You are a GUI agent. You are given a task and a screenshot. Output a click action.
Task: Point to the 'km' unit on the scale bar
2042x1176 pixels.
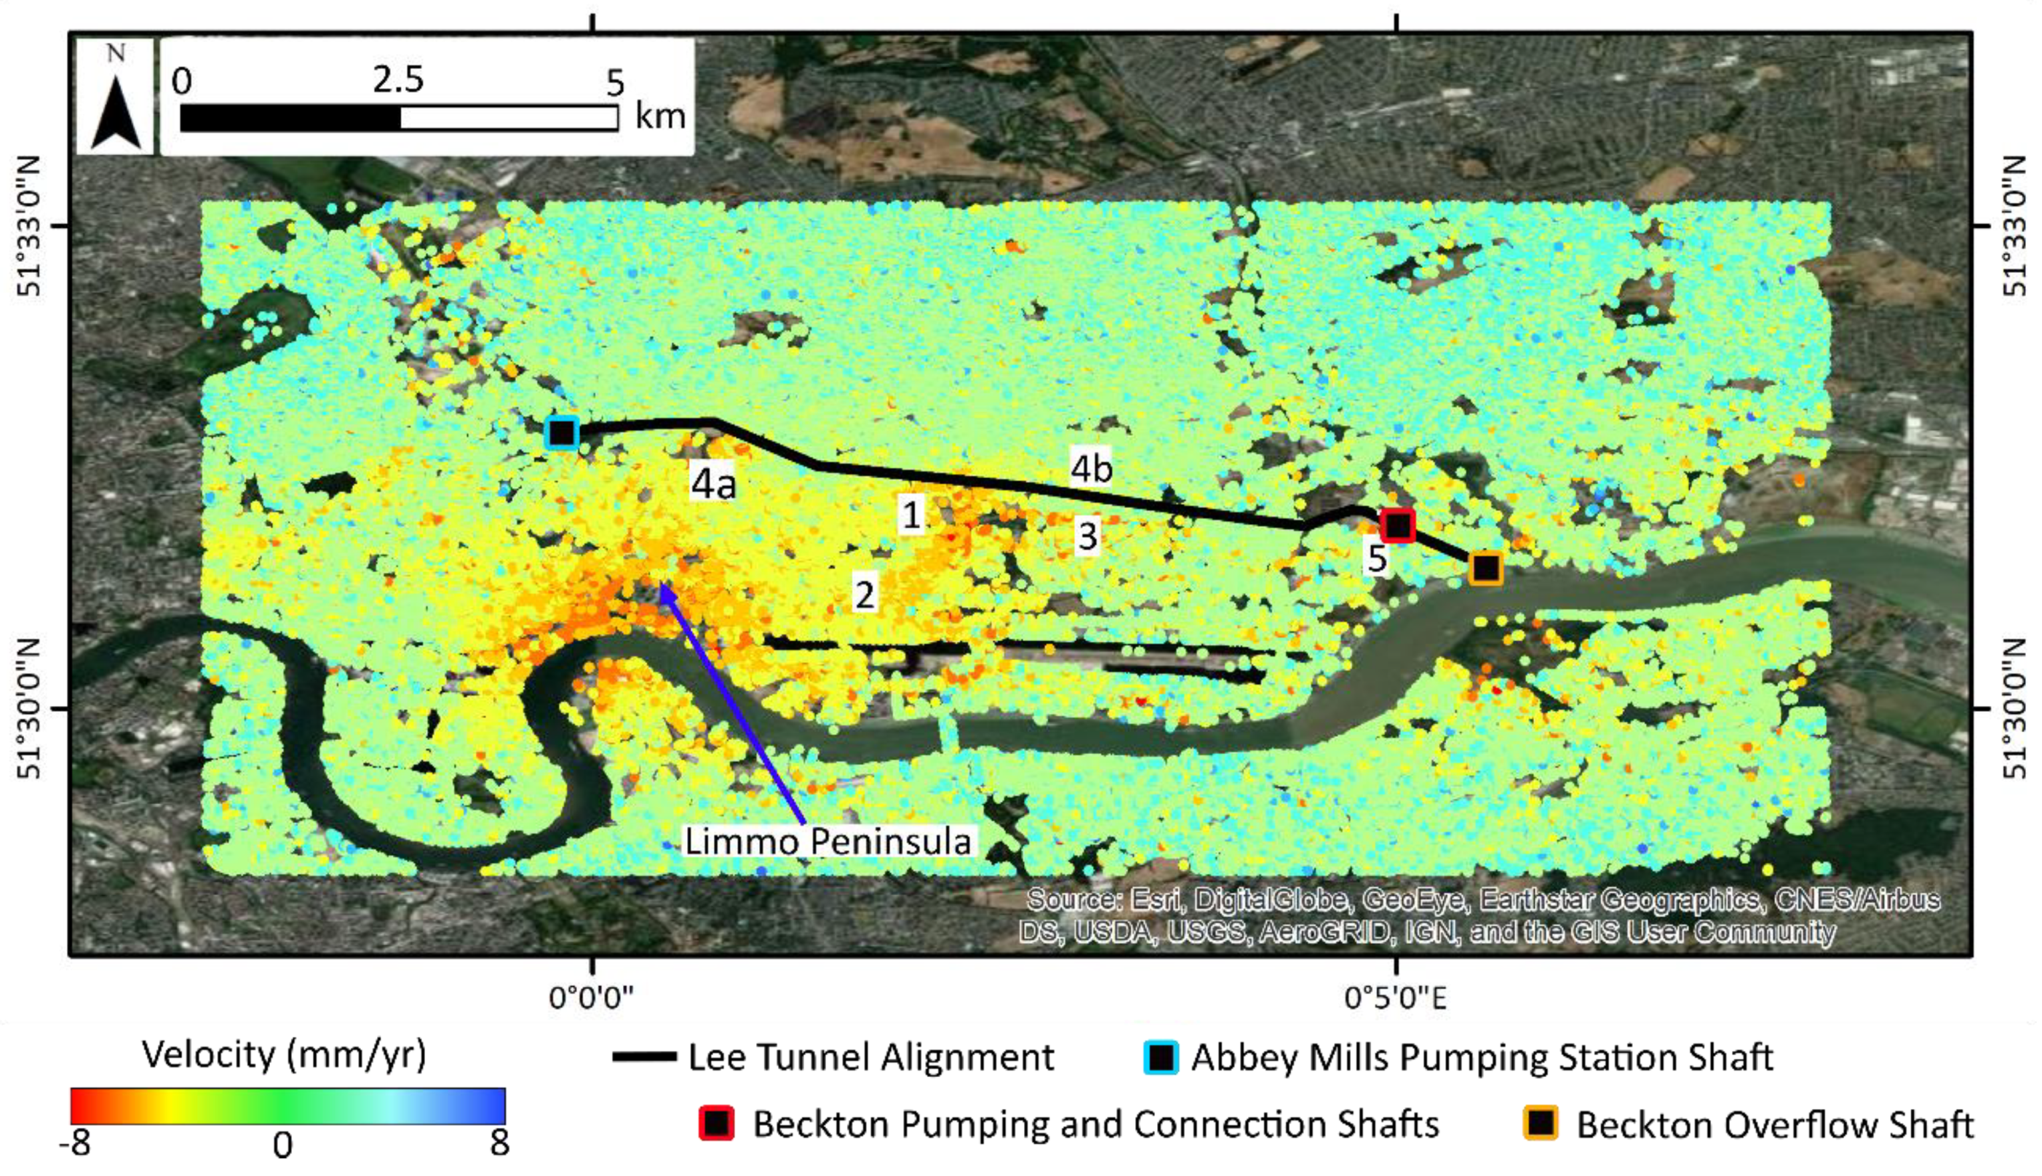coord(660,116)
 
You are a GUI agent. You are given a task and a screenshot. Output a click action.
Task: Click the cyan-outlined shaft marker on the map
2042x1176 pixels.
coord(562,433)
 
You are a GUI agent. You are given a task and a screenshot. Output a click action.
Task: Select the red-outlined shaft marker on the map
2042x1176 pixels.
coord(1398,525)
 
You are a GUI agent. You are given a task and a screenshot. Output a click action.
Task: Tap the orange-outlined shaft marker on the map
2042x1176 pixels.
coord(1486,569)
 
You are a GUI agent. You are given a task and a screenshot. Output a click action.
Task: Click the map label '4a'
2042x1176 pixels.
coord(714,484)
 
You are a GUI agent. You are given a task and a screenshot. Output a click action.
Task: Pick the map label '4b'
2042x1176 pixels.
coord(1091,467)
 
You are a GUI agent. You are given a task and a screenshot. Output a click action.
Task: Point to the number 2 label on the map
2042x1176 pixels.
coord(865,594)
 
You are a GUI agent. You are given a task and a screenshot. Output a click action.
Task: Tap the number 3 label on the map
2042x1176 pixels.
coord(1088,536)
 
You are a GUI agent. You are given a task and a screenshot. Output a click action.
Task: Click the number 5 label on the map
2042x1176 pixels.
coord(1377,558)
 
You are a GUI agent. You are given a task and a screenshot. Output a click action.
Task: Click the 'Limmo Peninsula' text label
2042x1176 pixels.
coord(827,842)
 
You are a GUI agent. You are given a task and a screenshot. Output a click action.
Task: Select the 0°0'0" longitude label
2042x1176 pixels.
coord(592,999)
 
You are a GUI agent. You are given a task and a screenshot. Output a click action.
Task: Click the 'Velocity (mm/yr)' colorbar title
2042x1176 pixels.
coord(283,1055)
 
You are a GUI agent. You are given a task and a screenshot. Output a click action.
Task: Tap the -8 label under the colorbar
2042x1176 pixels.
coord(75,1144)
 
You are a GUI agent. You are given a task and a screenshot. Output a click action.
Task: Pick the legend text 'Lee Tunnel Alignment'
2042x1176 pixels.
coord(870,1057)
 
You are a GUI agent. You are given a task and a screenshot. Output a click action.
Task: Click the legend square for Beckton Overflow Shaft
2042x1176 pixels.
coord(1541,1123)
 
